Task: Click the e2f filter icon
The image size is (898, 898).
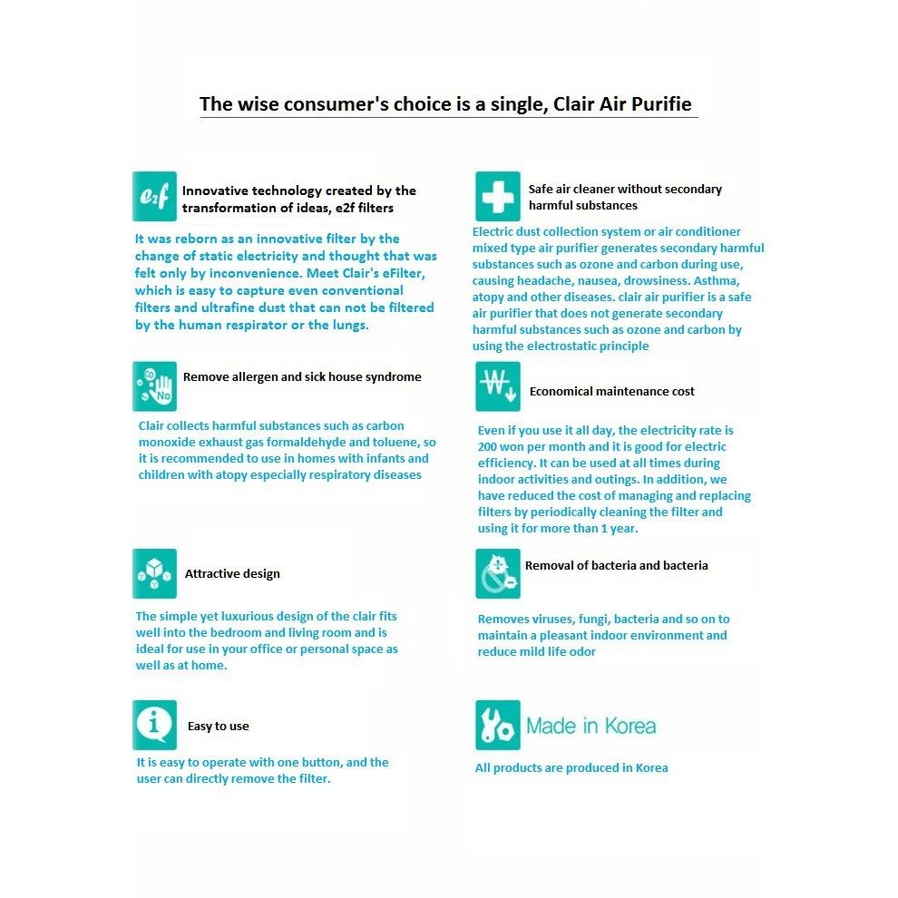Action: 154,196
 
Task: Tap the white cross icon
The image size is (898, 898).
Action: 498,196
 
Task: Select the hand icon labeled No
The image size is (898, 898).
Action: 154,386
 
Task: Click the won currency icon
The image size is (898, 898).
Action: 498,386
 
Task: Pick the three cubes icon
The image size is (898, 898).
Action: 154,573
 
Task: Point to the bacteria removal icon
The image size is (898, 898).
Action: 498,573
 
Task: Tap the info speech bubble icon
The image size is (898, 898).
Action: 154,725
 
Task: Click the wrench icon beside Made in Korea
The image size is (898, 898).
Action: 498,725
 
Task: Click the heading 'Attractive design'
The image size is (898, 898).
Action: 232,574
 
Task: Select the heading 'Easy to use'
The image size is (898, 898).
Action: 218,727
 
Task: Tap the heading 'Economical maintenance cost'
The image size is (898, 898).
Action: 612,392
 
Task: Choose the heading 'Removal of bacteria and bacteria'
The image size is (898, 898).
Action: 617,566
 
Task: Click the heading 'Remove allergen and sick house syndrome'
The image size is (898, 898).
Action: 302,377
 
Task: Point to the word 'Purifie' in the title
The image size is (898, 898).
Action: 661,104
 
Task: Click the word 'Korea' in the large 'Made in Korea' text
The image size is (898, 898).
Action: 626,727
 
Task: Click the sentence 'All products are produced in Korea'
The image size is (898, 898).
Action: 571,768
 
